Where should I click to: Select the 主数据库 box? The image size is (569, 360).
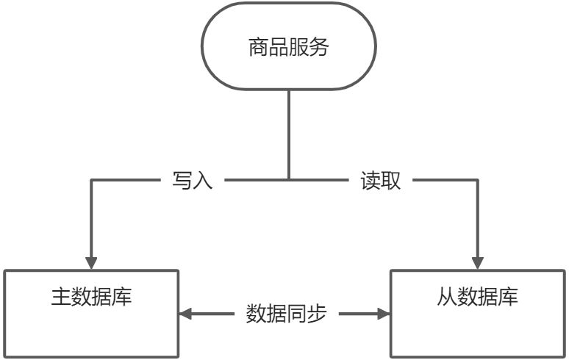[91, 313]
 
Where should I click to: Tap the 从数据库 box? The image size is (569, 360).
[478, 313]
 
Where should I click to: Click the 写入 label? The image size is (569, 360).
[193, 180]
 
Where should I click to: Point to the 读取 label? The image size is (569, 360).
[381, 180]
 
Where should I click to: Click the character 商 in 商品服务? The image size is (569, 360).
[258, 48]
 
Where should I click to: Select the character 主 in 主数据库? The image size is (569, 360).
[60, 298]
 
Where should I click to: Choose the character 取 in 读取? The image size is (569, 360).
[391, 180]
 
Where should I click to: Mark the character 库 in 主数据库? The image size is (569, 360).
[122, 298]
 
